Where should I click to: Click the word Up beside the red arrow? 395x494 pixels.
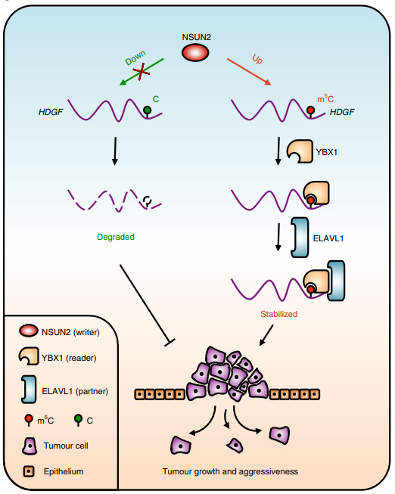click(257, 59)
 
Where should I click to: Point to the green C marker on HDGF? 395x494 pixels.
click(148, 111)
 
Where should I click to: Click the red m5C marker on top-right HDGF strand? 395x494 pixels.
click(311, 111)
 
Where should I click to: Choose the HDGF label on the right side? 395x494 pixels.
click(343, 112)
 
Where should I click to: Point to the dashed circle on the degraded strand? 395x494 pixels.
click(147, 201)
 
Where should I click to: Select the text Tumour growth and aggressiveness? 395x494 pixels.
click(230, 471)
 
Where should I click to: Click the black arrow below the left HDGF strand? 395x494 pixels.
click(114, 151)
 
